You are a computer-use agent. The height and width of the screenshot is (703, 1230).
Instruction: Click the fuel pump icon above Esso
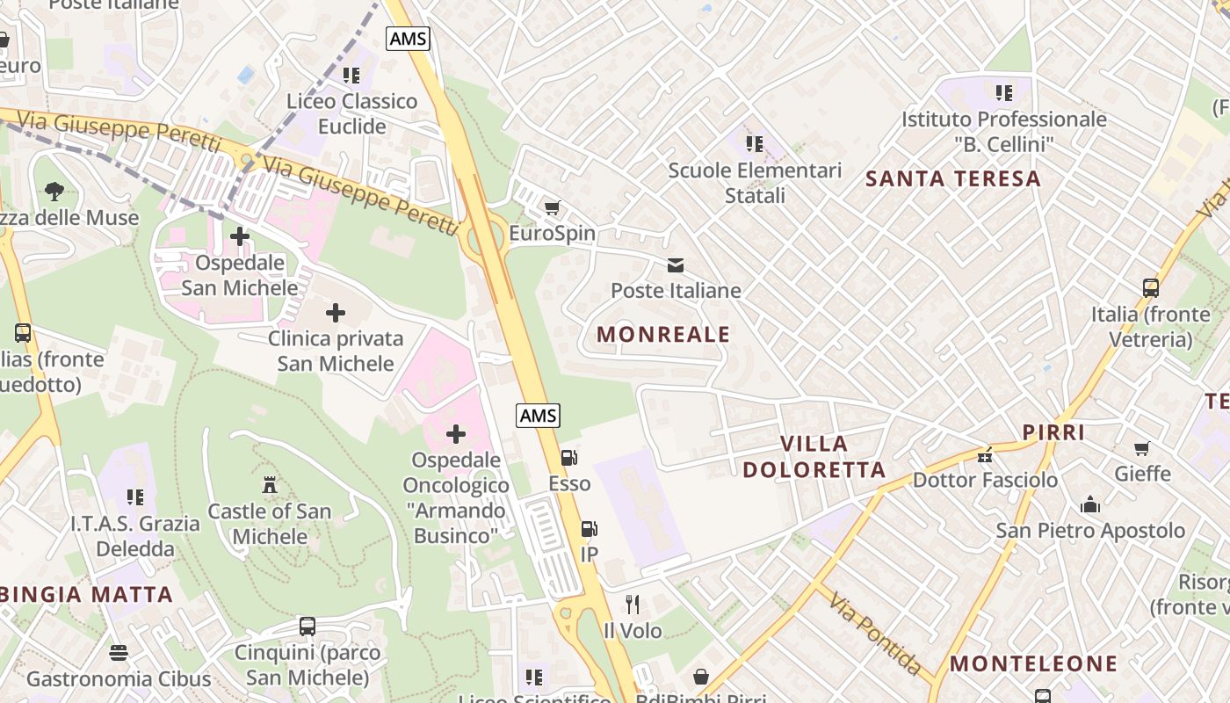pos(568,458)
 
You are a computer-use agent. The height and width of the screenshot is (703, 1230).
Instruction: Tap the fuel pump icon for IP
pos(589,529)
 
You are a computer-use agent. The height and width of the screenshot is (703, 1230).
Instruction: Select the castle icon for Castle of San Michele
pos(270,485)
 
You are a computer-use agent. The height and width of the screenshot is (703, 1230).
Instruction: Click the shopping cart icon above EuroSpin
pos(552,208)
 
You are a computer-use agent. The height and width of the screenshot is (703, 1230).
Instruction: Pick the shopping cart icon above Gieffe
pos(1142,449)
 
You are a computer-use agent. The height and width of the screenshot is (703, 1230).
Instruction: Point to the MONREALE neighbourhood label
pos(663,334)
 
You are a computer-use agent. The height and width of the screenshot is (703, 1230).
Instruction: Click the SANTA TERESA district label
pos(953,178)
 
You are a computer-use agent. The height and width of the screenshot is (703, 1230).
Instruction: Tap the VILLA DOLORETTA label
pos(814,457)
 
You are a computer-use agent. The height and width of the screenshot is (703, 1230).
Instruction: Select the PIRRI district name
pos(1053,432)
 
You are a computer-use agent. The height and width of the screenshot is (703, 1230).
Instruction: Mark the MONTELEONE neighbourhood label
pos(1033,663)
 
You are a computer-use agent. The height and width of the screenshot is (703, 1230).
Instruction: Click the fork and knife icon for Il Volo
pos(632,605)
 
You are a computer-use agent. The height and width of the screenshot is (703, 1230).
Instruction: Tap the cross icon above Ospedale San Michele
pos(239,236)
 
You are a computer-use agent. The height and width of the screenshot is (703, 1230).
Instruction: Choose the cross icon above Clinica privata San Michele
pos(335,313)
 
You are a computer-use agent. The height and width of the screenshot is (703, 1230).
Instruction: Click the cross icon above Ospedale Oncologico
pos(456,434)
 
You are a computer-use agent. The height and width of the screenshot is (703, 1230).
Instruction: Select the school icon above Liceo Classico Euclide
pos(351,76)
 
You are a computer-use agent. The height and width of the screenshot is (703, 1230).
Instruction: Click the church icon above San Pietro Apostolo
pos(1090,504)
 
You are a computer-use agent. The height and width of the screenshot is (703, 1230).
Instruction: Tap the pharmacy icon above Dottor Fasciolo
pos(984,455)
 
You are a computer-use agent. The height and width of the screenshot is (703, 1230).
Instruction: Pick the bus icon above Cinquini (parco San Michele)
pos(307,627)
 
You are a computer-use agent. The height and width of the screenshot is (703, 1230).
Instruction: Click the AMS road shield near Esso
pos(538,416)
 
